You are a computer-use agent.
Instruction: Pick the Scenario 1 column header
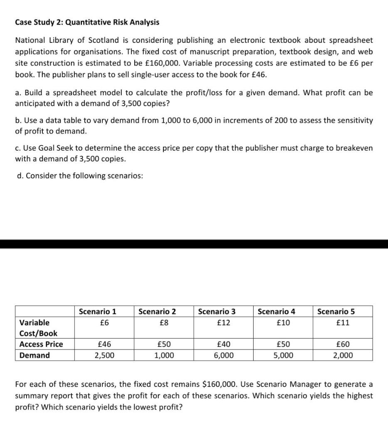click(97, 312)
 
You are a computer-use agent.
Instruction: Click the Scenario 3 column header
click(217, 312)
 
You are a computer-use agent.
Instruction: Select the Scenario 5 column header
click(336, 312)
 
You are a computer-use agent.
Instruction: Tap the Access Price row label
click(41, 344)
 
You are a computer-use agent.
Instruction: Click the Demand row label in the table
click(35, 355)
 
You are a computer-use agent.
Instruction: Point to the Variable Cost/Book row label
click(38, 328)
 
